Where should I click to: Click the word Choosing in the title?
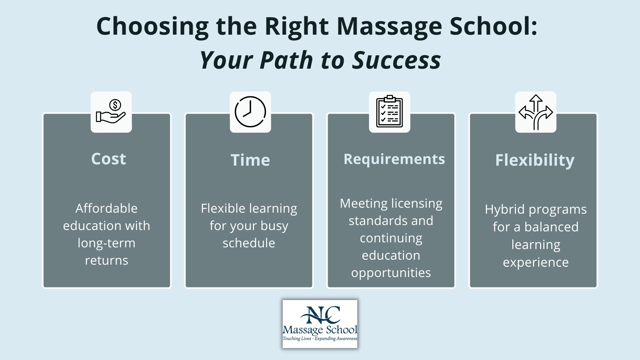coord(152,27)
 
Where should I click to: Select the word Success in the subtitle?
coord(397,60)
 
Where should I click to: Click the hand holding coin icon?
coord(111,112)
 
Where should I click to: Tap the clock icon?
coord(250,112)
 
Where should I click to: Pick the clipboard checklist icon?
coord(389,112)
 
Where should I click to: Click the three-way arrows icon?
coord(536,112)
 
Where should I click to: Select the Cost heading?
coord(109,159)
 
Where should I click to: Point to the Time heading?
coord(250,160)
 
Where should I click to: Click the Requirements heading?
coord(394,159)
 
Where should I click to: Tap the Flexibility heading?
coord(535,160)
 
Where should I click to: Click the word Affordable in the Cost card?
coord(106,208)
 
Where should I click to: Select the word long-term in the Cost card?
coord(106,243)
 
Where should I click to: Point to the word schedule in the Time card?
coord(249,243)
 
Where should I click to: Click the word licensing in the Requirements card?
coord(417,204)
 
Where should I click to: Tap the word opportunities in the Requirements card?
coord(391,273)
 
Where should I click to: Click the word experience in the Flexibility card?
coord(536,263)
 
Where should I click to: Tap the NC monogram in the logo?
coord(320,315)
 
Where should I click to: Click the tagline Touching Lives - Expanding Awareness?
coord(320,339)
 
